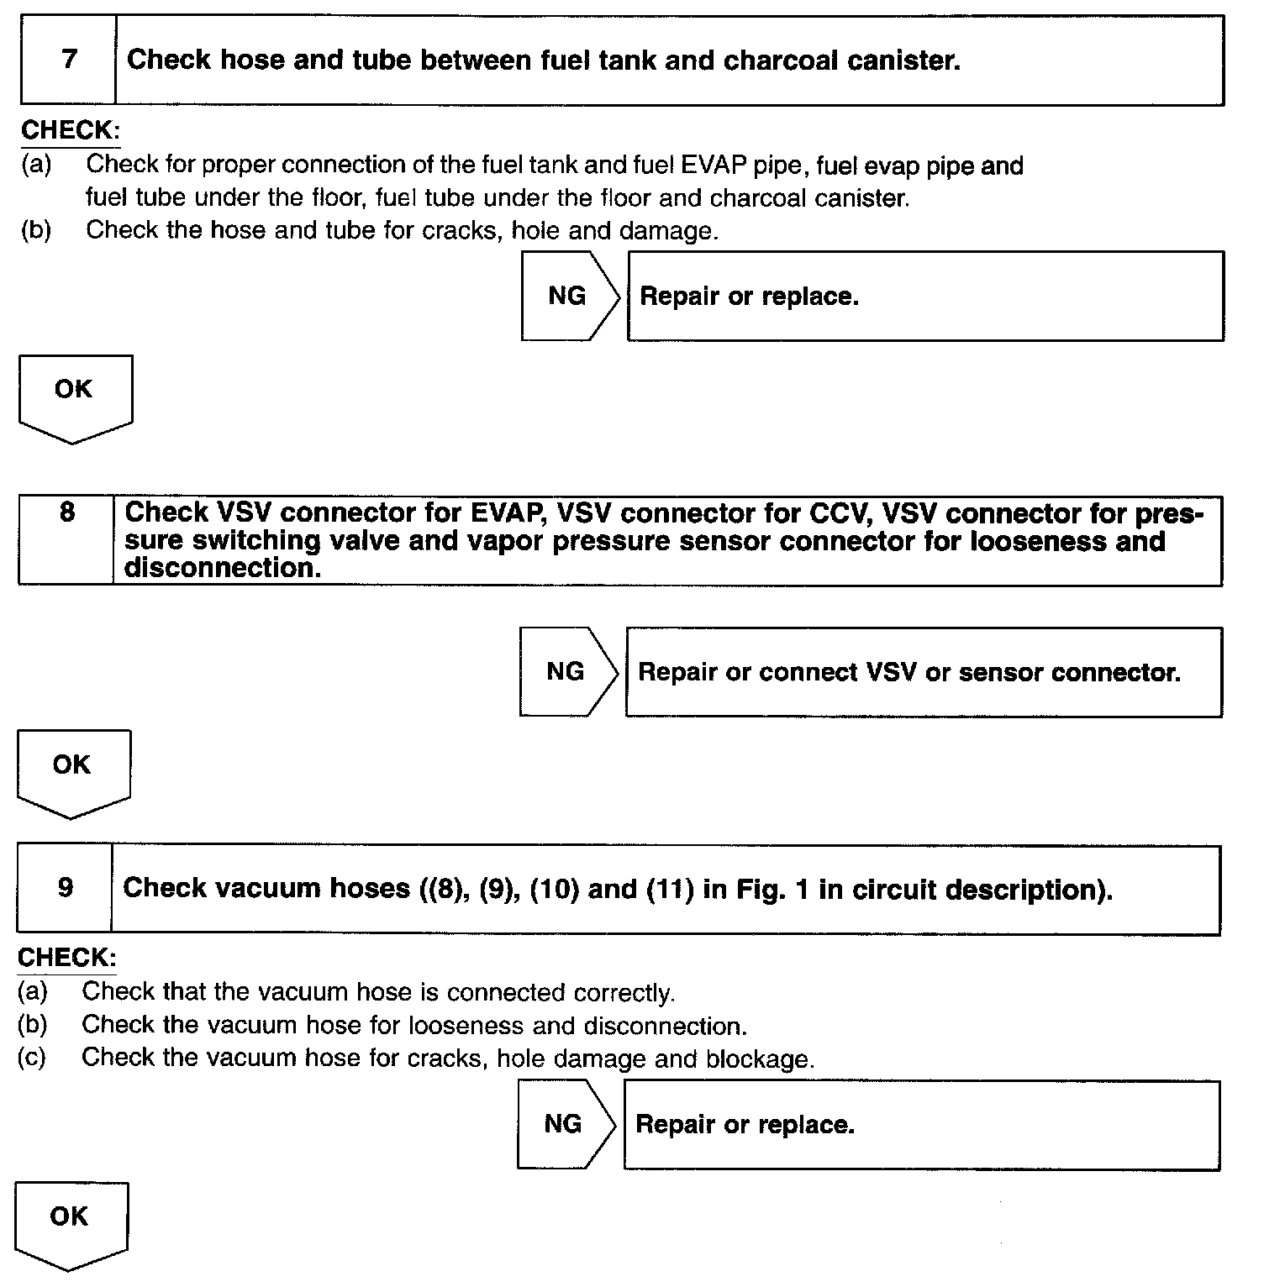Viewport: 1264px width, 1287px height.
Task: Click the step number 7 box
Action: tap(68, 60)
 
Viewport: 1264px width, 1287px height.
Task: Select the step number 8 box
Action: tap(66, 540)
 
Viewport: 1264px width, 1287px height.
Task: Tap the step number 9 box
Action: tap(65, 889)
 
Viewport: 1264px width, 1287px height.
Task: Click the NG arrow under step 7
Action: tap(569, 296)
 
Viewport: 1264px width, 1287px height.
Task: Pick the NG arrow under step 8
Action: tap(567, 671)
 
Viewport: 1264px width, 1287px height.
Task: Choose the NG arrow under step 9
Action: tap(565, 1124)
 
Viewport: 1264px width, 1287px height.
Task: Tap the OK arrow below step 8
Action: tap(73, 771)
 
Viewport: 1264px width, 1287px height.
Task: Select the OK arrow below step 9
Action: tap(71, 1223)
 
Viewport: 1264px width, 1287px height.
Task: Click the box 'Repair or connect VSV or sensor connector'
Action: tap(923, 672)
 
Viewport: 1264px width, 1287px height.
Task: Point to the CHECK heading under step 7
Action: tap(70, 130)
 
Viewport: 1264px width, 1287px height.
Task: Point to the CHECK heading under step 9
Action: tap(66, 957)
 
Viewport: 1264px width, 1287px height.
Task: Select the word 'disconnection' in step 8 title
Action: tap(223, 569)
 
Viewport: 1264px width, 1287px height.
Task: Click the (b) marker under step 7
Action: tap(36, 230)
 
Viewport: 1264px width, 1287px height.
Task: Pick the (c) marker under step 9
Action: tap(33, 1057)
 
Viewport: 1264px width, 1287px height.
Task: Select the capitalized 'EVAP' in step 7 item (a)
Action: tap(713, 165)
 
